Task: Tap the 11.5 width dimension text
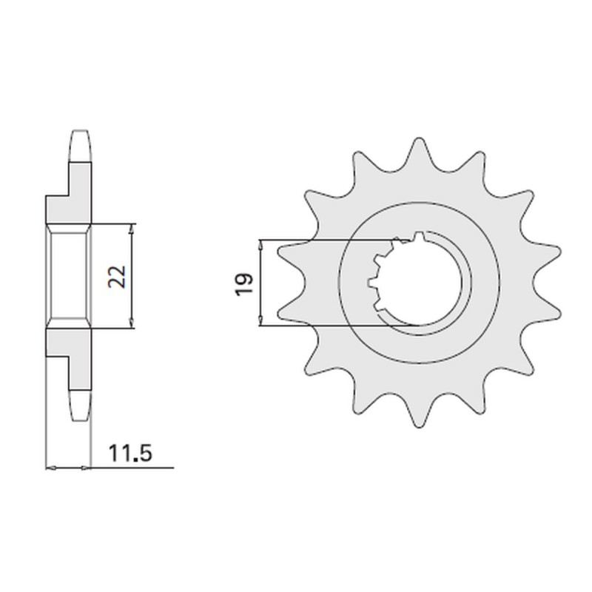coord(130,453)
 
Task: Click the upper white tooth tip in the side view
coord(82,146)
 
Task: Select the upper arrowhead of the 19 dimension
coord(260,244)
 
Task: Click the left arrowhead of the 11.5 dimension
coord(50,468)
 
